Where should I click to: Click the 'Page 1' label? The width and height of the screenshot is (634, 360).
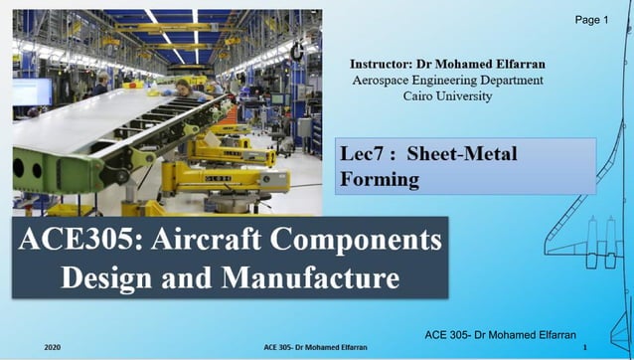[x=591, y=20]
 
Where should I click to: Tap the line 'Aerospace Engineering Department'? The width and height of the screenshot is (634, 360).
[x=448, y=80]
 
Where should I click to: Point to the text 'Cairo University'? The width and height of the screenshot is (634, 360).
[x=448, y=95]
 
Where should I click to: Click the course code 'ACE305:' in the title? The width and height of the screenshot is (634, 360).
[x=92, y=244]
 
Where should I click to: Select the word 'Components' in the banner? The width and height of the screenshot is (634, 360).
[x=373, y=244]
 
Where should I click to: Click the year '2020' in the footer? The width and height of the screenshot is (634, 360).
[x=53, y=347]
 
